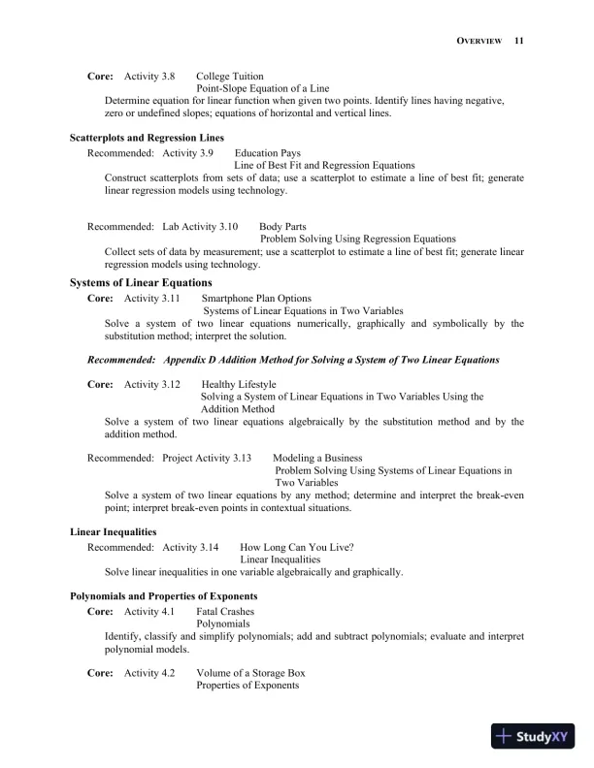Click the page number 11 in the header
click(519, 41)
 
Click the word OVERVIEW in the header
click(478, 41)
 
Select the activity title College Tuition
click(230, 76)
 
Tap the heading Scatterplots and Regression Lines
click(147, 139)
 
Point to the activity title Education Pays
click(268, 153)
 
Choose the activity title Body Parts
click(282, 226)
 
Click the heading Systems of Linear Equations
click(141, 283)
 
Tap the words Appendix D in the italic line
click(191, 360)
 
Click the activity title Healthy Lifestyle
click(239, 385)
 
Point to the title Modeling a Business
click(317, 458)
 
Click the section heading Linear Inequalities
click(114, 532)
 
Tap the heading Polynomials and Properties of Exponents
click(163, 596)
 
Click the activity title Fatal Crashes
click(225, 612)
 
